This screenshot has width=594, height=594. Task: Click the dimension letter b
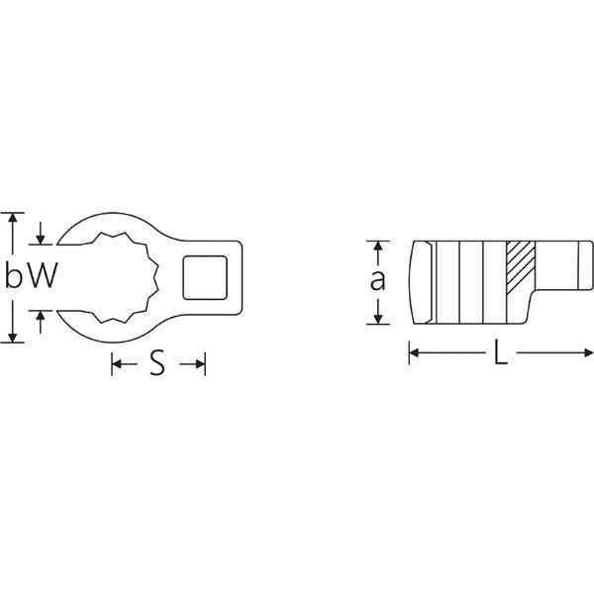point(13,274)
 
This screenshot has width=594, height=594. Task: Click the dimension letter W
point(44,275)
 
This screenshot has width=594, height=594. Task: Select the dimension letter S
point(157,362)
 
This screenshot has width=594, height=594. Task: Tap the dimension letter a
point(378,280)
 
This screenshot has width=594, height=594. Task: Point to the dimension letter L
point(501,352)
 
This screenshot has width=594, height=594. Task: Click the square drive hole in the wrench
point(205,277)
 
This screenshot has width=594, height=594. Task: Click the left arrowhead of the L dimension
point(414,353)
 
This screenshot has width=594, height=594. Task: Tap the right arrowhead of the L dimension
point(589,353)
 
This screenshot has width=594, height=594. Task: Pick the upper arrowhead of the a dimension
point(378,246)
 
